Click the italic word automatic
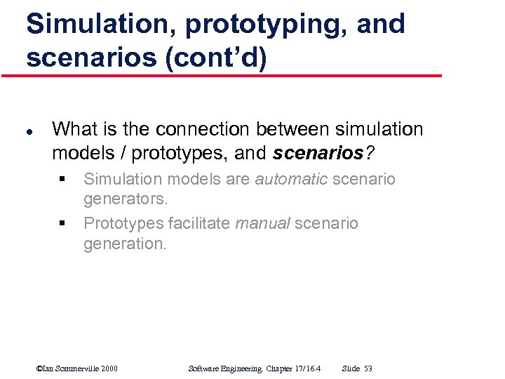[291, 179]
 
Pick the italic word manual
[262, 223]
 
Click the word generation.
[125, 244]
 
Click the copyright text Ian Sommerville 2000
[77, 368]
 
